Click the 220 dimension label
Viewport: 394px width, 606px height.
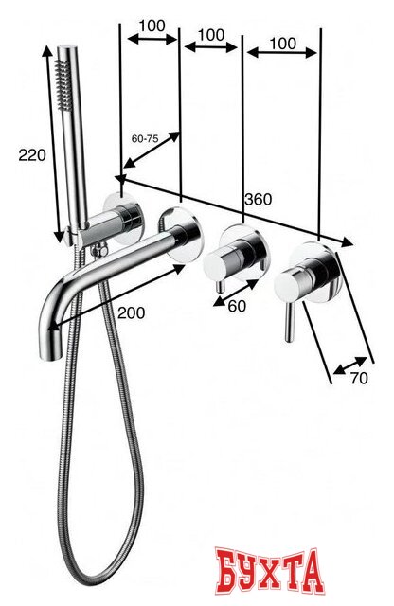(32, 155)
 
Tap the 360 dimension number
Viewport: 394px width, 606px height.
(259, 199)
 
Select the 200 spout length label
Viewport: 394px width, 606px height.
(132, 312)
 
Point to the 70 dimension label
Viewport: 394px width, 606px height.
(359, 379)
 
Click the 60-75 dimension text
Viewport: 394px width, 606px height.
(145, 138)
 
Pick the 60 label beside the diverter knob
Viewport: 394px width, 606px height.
(237, 306)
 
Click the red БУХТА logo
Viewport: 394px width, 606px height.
(269, 571)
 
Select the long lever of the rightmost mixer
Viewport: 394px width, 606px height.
(289, 322)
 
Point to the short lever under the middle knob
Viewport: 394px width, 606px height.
(220, 286)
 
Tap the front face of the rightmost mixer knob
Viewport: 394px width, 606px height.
(285, 287)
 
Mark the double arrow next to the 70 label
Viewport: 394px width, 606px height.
(349, 365)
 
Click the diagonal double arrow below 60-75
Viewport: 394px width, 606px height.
(152, 150)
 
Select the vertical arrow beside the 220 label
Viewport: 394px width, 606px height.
(53, 144)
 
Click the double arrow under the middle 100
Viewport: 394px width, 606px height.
(210, 47)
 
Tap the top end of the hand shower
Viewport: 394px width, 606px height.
(67, 48)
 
